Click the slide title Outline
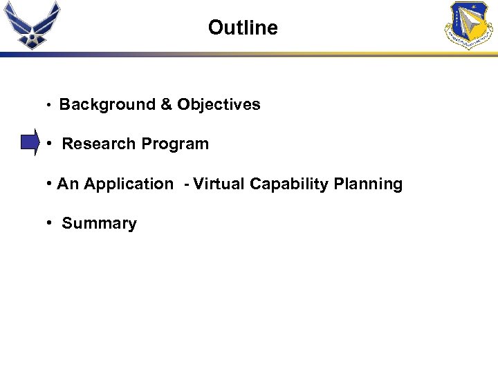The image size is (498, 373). click(243, 28)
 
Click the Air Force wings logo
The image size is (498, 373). click(32, 24)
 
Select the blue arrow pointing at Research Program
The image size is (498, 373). click(30, 143)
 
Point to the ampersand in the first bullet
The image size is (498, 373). click(166, 105)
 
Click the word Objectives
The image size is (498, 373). click(219, 105)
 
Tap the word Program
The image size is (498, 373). click(175, 144)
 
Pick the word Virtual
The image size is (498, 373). click(219, 184)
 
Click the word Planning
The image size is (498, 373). click(368, 184)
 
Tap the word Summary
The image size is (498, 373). click(99, 224)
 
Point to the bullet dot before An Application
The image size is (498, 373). click(50, 184)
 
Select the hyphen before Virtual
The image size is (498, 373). click(186, 184)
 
